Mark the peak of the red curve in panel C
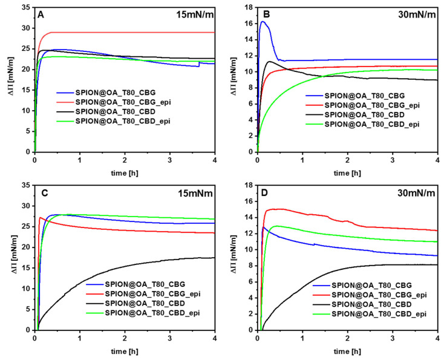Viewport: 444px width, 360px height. (41, 217)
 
